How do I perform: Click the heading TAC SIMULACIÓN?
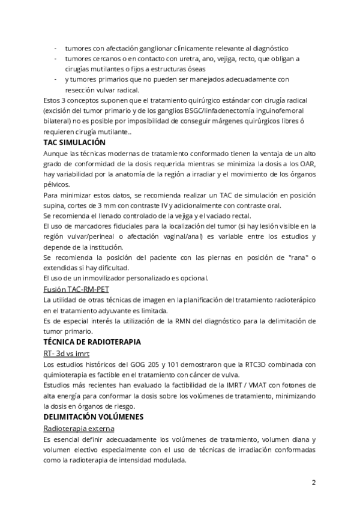[x=74, y=142]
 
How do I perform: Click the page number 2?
[x=313, y=482]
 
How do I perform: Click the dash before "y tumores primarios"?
[x=56, y=79]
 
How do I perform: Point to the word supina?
[x=55, y=206]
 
